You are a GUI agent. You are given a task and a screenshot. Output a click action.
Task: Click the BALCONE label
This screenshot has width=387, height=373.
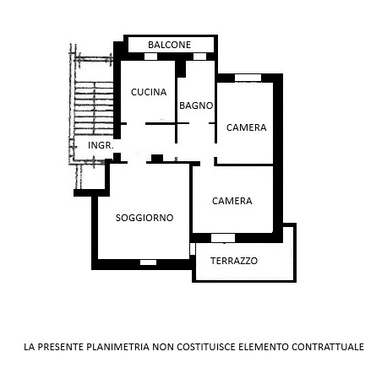pyautogui.click(x=169, y=45)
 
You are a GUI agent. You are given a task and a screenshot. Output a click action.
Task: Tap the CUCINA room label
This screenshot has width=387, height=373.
pyautogui.click(x=149, y=92)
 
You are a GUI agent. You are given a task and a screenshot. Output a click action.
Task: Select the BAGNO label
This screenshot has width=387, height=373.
pyautogui.click(x=196, y=105)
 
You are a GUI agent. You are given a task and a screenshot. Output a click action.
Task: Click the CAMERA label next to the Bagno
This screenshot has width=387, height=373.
pyautogui.click(x=247, y=127)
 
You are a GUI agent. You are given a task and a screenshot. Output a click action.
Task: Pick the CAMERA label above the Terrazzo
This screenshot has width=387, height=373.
pyautogui.click(x=232, y=201)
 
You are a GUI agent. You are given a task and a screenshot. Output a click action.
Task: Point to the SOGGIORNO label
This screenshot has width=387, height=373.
pyautogui.click(x=144, y=218)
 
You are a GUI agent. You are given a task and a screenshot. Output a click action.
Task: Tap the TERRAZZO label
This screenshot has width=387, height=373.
pyautogui.click(x=234, y=261)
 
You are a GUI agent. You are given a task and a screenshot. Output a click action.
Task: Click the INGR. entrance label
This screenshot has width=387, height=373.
pyautogui.click(x=101, y=145)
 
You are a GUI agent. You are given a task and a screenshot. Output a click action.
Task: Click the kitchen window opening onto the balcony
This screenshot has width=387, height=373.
pyautogui.click(x=150, y=57)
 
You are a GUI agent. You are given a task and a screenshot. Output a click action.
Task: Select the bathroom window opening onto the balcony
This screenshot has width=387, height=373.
pyautogui.click(x=199, y=57)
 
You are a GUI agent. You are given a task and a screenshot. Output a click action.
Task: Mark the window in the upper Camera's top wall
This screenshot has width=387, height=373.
pyautogui.click(x=248, y=78)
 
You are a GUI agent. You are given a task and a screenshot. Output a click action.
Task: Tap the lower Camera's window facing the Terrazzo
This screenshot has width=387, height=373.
pyautogui.click(x=223, y=238)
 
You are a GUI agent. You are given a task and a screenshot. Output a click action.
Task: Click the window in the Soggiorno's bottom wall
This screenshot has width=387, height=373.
pyautogui.click(x=148, y=262)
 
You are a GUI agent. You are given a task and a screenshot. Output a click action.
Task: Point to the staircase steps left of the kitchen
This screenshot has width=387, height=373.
pyautogui.click(x=94, y=108)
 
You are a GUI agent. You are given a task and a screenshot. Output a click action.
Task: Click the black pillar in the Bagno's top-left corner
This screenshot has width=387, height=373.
pyautogui.click(x=181, y=69)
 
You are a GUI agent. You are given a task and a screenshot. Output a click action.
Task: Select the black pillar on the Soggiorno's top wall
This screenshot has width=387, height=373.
pyautogui.click(x=157, y=159)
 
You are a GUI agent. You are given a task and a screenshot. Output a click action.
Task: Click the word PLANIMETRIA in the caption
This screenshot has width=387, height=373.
pyautogui.click(x=117, y=347)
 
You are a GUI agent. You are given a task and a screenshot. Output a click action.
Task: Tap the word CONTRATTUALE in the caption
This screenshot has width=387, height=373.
pyautogui.click(x=328, y=347)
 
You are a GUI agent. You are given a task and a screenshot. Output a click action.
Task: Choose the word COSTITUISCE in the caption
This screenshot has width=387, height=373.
pyautogui.click(x=206, y=347)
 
